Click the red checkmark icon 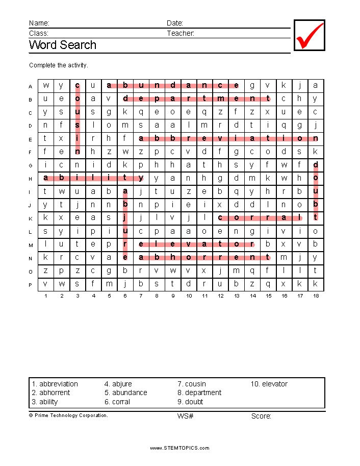pyautogui.click(x=310, y=36)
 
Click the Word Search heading pyautogui.click(x=62, y=45)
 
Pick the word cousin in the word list pyautogui.click(x=195, y=384)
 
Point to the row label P pyautogui.click(x=31, y=285)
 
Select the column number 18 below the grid pyautogui.click(x=316, y=296)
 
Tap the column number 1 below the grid pyautogui.click(x=46, y=296)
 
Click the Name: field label pyautogui.click(x=39, y=23)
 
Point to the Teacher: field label pyautogui.click(x=181, y=33)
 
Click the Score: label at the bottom pyautogui.click(x=261, y=416)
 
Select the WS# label pyautogui.click(x=185, y=416)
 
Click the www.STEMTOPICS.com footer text pyautogui.click(x=179, y=448)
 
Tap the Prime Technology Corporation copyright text pyautogui.click(x=68, y=415)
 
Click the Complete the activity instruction pyautogui.click(x=59, y=65)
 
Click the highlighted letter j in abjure pyautogui.click(x=125, y=217)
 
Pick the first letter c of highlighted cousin pyautogui.click(x=78, y=85)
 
